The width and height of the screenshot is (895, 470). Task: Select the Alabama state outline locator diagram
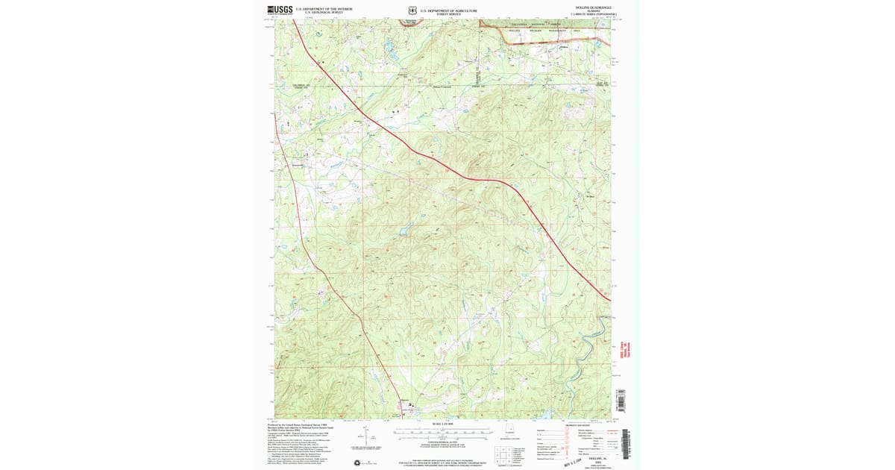[x=512, y=430]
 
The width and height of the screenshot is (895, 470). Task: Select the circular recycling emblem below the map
[x=365, y=463]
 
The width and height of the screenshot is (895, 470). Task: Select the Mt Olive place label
[x=591, y=196]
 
